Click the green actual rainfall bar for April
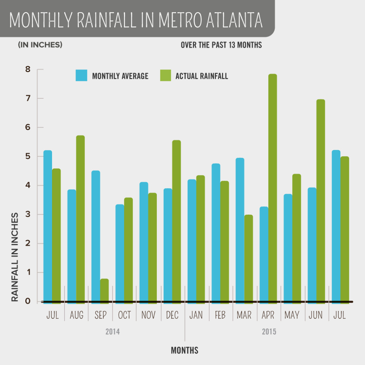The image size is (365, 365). point(273,189)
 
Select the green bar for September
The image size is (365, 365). point(104,291)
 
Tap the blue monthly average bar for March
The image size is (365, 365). point(240,230)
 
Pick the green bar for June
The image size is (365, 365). point(320,201)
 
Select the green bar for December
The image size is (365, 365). point(176,221)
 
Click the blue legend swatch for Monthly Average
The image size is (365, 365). point(81,76)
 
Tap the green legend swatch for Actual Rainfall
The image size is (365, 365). point(165,76)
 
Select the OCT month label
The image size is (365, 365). point(124,315)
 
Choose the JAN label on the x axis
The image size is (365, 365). point(196,315)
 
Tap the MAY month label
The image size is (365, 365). point(292,315)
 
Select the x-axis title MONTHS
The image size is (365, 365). point(184,350)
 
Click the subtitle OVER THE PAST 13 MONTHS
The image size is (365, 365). point(221,45)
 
